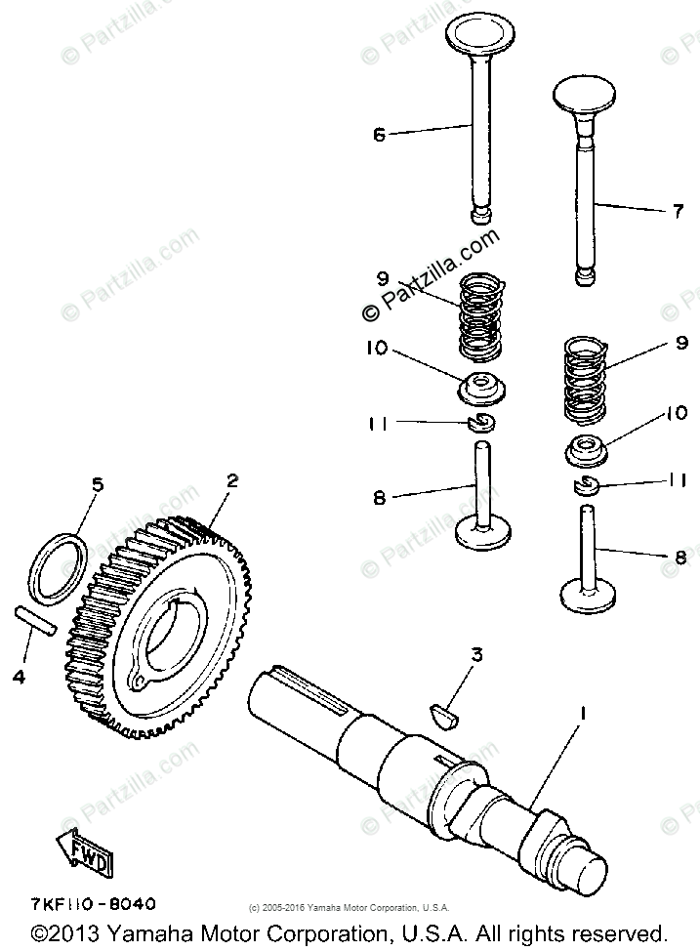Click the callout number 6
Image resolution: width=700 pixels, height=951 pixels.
coord(379,135)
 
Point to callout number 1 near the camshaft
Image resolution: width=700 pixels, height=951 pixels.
coord(583,714)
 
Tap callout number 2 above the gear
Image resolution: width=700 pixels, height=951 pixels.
coord(231,480)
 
